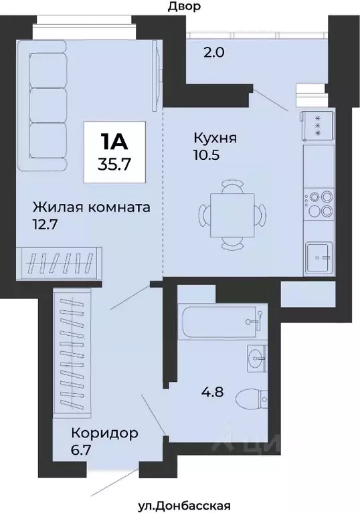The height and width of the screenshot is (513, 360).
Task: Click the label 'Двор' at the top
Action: click(185, 7)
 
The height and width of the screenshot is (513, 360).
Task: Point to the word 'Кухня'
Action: click(215, 138)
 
